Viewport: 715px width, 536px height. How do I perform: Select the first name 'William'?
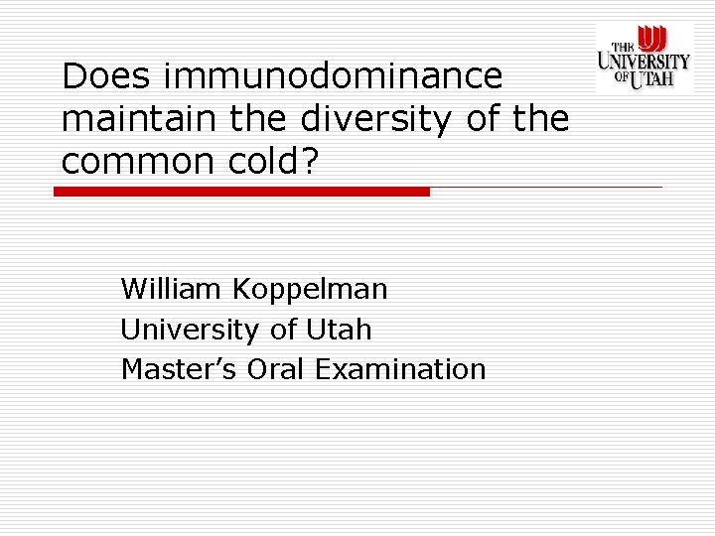tap(172, 289)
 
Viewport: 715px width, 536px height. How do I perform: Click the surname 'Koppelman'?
tap(310, 290)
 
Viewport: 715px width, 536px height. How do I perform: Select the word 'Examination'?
tap(400, 369)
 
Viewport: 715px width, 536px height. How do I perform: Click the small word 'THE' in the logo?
tap(623, 46)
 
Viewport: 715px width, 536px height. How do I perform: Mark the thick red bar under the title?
tap(241, 192)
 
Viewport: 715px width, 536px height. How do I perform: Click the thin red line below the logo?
tap(546, 187)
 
